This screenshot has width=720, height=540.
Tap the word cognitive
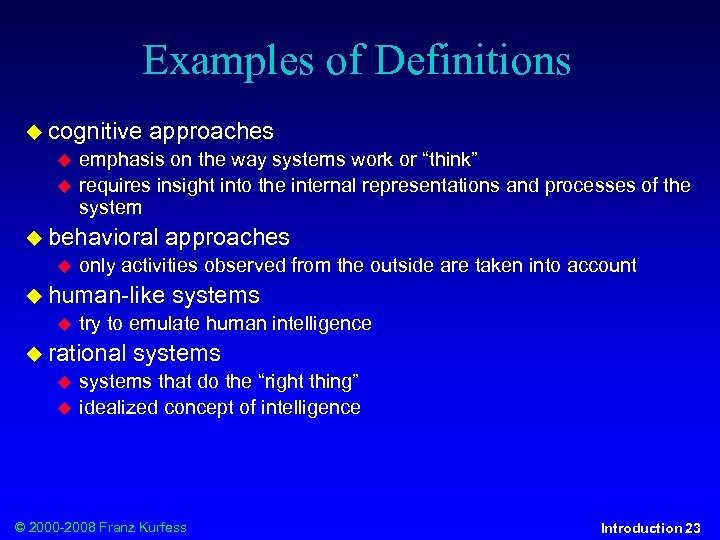95,131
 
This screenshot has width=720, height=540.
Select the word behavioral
103,237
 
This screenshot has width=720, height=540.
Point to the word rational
87,353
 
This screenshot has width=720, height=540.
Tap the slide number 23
693,528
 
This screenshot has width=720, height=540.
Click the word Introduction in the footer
641,528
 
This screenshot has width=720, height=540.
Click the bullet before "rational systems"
35,354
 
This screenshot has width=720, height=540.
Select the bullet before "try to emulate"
65,324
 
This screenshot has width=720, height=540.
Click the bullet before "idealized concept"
65,408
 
